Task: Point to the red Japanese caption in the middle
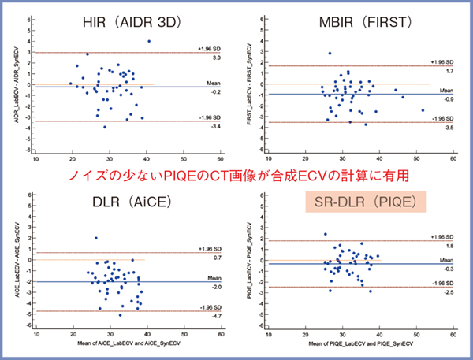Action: point(236,174)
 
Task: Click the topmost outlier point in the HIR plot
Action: point(148,41)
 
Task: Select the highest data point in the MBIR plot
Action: point(330,54)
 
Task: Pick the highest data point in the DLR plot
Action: point(96,237)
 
